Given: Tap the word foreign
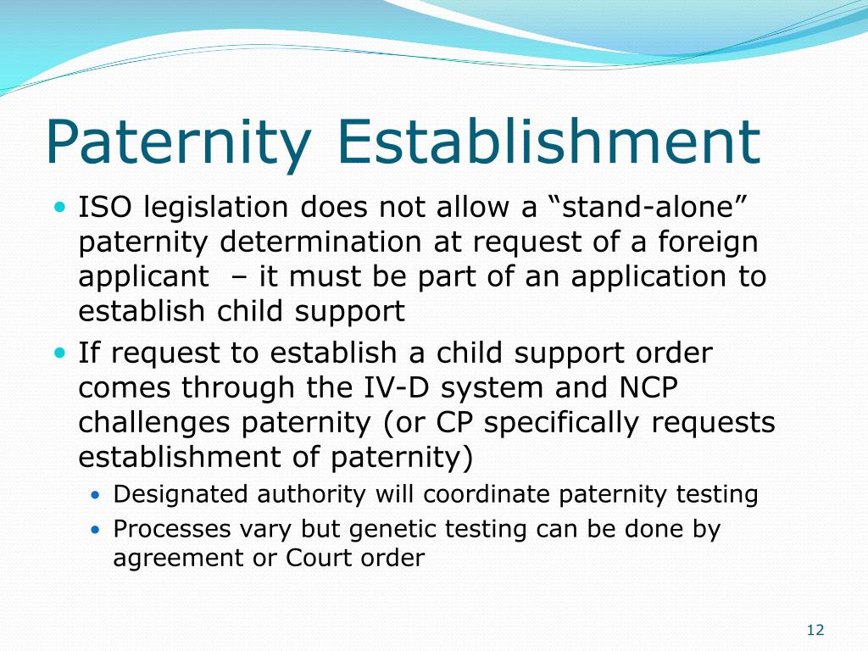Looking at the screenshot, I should tap(707, 242).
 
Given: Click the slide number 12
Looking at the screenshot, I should tap(815, 630).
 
